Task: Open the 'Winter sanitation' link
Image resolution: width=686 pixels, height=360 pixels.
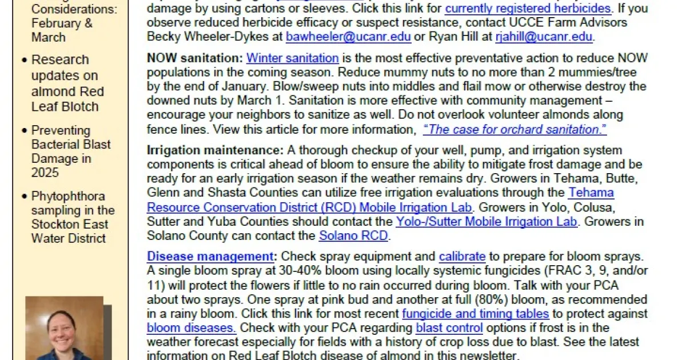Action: pos(293,58)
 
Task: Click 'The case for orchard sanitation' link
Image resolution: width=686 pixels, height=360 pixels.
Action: pos(514,130)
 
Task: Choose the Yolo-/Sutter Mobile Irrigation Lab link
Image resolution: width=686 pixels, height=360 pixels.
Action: pos(486,221)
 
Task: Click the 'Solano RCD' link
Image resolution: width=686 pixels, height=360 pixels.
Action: pos(353,235)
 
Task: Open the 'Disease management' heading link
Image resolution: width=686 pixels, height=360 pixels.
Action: pos(210,257)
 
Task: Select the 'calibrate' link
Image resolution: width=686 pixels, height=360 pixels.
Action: pos(462,257)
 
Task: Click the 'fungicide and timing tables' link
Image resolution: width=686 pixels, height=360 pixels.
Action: pos(475,314)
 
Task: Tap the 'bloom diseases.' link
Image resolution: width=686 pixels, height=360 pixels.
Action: pos(191,328)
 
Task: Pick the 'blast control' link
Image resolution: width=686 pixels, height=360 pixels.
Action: pos(449,328)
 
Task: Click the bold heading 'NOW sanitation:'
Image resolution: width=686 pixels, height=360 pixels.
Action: pos(195,58)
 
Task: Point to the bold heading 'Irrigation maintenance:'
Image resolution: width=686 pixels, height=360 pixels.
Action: pos(215,151)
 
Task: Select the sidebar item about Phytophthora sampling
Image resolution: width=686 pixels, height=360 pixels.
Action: pos(72,217)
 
